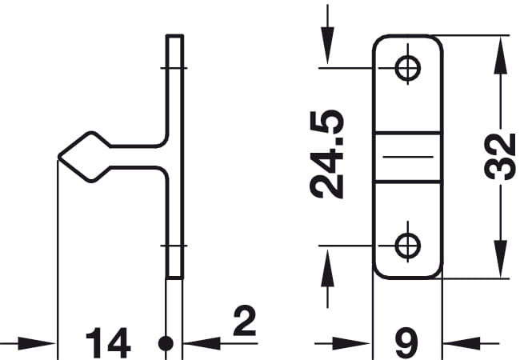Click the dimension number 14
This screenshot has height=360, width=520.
[x=108, y=342]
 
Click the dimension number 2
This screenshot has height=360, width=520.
[x=245, y=321]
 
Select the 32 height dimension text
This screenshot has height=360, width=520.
[x=499, y=157]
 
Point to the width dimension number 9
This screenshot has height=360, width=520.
[x=407, y=342]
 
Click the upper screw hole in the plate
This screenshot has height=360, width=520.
[x=408, y=68]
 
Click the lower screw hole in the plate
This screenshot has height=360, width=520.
[x=408, y=246]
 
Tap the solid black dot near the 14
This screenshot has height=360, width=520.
[x=166, y=343]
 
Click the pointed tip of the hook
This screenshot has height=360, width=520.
[x=59, y=157]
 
